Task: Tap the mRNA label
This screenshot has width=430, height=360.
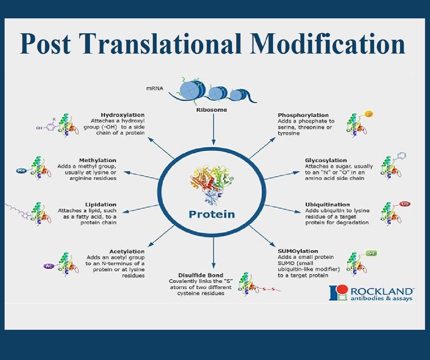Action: (x=155, y=88)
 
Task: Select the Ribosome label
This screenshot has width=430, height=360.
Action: (x=211, y=110)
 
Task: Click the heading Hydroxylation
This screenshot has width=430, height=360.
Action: (x=123, y=115)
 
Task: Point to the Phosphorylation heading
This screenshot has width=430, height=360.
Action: (x=303, y=115)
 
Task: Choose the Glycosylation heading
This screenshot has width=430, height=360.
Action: (x=326, y=160)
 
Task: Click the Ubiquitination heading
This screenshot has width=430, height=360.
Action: (x=327, y=204)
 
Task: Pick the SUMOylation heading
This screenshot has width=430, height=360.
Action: (x=298, y=251)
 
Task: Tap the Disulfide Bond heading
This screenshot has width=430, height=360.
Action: (x=201, y=275)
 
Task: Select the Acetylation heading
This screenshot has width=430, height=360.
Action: (x=127, y=251)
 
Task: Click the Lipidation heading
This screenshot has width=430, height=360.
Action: (x=101, y=204)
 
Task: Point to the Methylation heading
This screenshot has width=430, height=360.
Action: (x=98, y=160)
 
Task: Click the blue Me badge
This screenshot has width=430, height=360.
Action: (x=21, y=171)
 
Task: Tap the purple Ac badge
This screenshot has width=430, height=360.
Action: (x=49, y=266)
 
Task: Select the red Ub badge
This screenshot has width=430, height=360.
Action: (x=405, y=204)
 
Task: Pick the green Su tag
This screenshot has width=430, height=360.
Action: (x=371, y=253)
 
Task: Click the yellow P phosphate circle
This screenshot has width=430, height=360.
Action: (x=369, y=114)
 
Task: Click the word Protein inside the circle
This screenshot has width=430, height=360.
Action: (x=212, y=214)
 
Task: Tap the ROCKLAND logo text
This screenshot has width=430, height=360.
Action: (x=382, y=291)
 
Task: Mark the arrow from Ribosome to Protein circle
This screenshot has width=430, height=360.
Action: (x=213, y=129)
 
